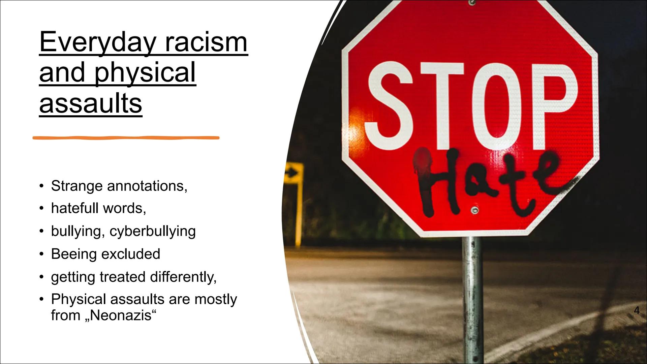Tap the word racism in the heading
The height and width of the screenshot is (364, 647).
tap(206, 43)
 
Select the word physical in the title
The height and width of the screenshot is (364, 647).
tap(145, 73)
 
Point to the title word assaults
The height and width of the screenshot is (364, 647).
tap(91, 103)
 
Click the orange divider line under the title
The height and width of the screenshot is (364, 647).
tap(126, 138)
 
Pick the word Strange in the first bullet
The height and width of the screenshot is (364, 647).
tap(77, 186)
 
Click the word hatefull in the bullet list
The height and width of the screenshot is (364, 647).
tap(75, 208)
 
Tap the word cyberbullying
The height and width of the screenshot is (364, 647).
tap(153, 232)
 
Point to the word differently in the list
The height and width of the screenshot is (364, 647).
tap(183, 277)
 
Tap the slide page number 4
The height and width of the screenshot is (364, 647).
tap(637, 310)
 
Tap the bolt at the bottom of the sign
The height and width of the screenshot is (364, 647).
tap(475, 211)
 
